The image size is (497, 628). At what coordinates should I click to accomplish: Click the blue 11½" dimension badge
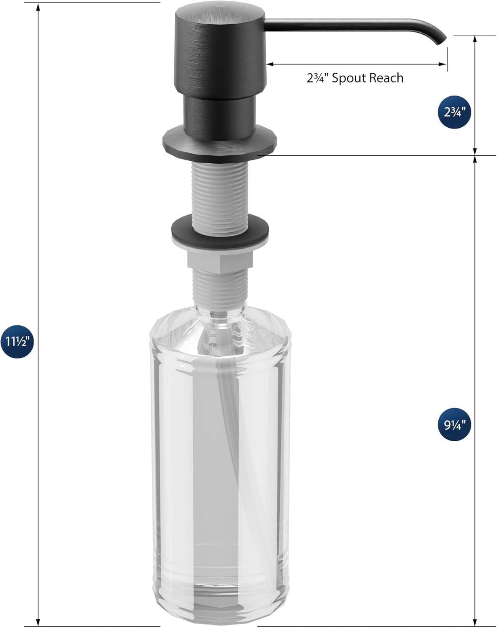pos(17,341)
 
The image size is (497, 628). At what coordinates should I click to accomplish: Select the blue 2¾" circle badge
pos(455,112)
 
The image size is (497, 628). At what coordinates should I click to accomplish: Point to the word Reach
pos(386,78)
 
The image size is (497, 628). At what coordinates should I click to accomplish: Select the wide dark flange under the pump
pos(220,142)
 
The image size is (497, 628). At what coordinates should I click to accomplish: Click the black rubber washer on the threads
pos(220,229)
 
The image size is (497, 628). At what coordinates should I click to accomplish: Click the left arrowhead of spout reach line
pos(269,64)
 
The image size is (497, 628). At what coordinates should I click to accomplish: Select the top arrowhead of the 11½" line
pos(39,8)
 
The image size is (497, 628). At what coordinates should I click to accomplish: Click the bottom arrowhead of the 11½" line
pos(39,623)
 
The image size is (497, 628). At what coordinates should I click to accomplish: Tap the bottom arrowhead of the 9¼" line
pos(475,623)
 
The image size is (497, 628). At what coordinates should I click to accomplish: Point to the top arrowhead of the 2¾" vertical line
pos(475,40)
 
